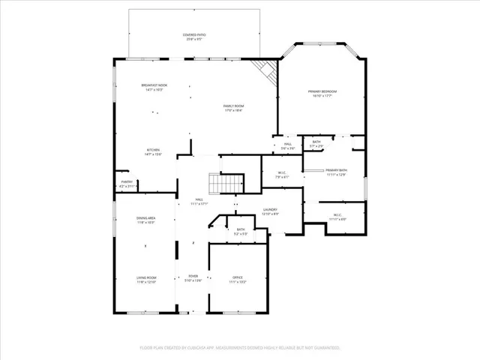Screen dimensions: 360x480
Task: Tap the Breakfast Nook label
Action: point(154,87)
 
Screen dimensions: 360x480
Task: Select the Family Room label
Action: point(233,107)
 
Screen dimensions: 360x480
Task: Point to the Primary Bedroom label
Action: point(322,93)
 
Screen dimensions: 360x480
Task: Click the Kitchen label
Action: point(153,151)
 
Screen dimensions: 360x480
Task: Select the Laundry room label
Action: point(271,211)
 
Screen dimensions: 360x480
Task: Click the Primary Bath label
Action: point(336,172)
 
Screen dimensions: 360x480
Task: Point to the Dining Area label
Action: point(145,220)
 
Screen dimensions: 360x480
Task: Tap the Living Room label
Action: point(145,280)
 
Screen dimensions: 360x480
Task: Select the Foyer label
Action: point(193,279)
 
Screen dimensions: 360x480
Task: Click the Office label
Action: point(237,280)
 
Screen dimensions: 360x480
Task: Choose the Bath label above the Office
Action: point(241,231)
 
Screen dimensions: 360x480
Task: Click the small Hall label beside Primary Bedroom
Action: point(288,147)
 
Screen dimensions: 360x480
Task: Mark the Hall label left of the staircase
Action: point(199,202)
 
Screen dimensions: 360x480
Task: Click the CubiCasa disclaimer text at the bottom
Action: point(240,348)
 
